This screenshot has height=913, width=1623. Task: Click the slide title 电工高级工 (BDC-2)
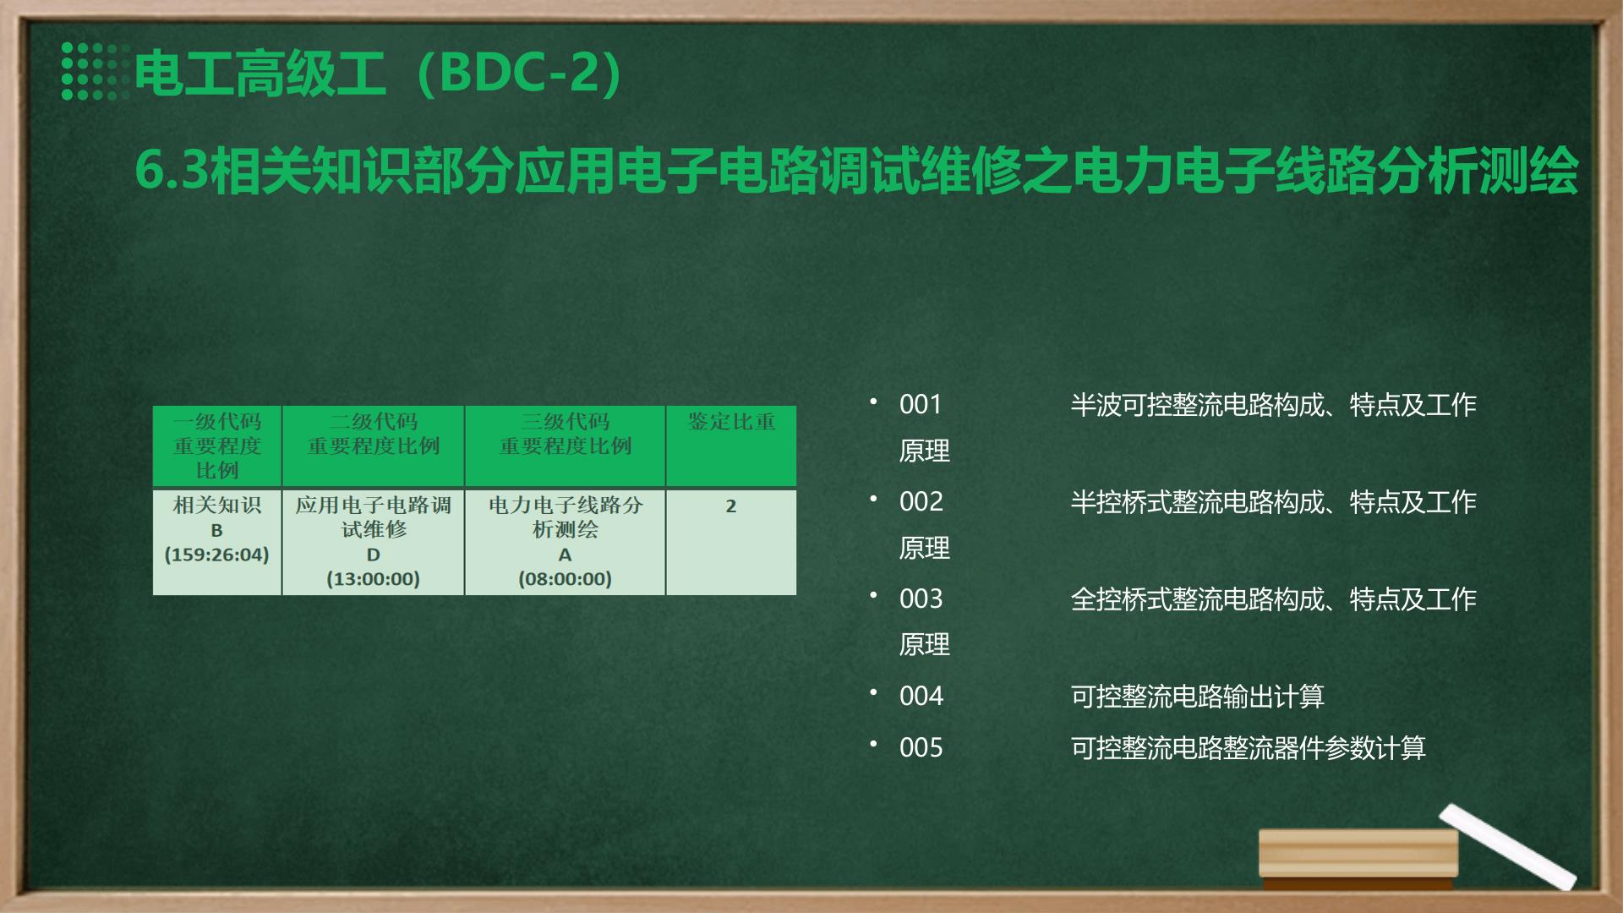pos(379,73)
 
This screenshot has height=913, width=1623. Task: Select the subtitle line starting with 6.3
pos(856,171)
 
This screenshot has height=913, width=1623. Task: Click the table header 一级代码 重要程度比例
pos(217,446)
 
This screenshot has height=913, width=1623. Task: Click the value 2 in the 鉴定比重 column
pos(731,506)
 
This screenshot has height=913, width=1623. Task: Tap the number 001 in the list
pos(921,405)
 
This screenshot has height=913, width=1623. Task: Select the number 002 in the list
pos(921,502)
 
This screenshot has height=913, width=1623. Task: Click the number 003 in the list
pos(921,599)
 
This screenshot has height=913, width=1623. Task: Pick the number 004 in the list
pos(921,697)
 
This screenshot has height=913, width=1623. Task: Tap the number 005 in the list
pos(921,748)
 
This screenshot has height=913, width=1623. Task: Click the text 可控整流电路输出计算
pos(1197,697)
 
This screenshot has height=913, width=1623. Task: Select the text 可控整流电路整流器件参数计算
pos(1248,748)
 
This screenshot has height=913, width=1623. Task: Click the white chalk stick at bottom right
pos(1508,846)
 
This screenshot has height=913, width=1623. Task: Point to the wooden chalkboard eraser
pos(1358,855)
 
